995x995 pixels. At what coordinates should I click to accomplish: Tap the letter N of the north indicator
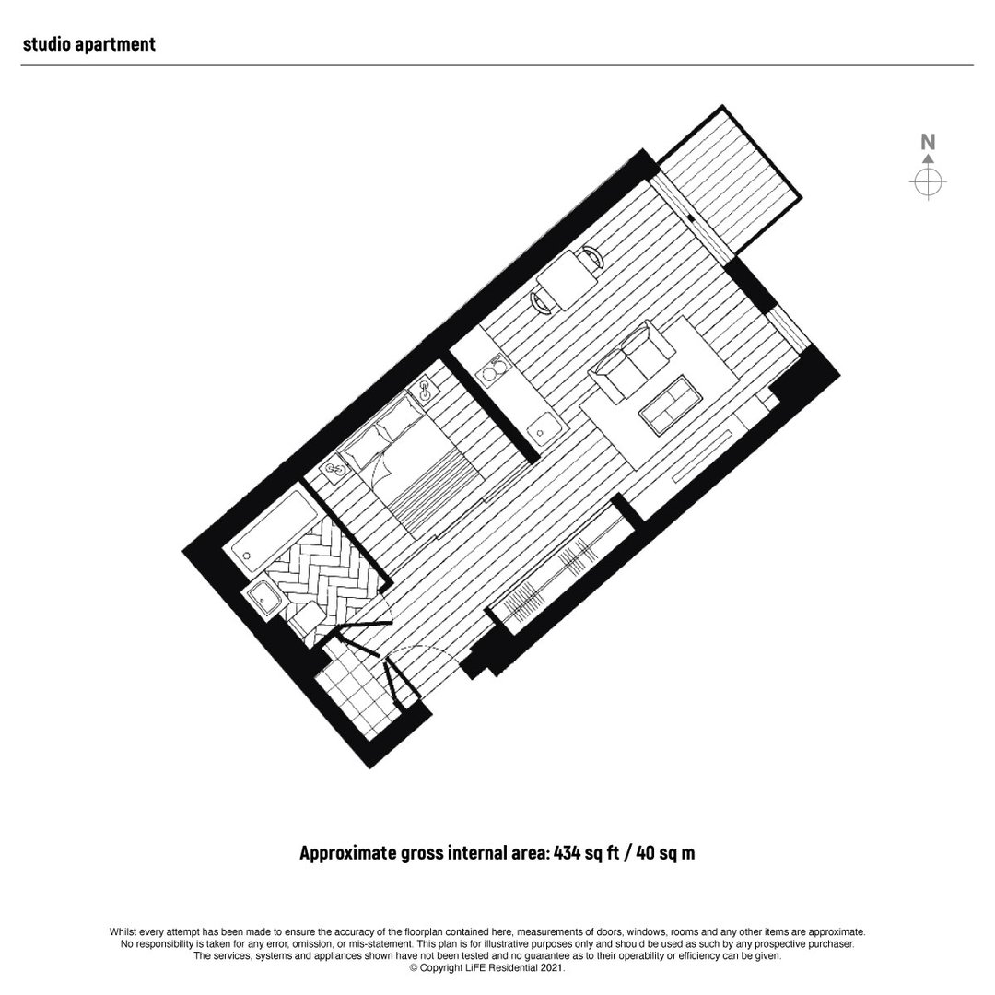pyautogui.click(x=928, y=142)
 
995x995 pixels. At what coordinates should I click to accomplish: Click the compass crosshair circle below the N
pyautogui.click(x=928, y=182)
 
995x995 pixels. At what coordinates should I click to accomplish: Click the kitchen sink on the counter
pyautogui.click(x=544, y=427)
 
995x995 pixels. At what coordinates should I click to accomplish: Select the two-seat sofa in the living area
pyautogui.click(x=631, y=359)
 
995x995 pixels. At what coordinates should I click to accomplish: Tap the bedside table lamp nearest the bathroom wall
pyautogui.click(x=335, y=471)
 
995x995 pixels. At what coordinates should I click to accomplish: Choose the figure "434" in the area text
pyautogui.click(x=567, y=852)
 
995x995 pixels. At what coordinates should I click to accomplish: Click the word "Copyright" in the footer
pyautogui.click(x=440, y=968)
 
